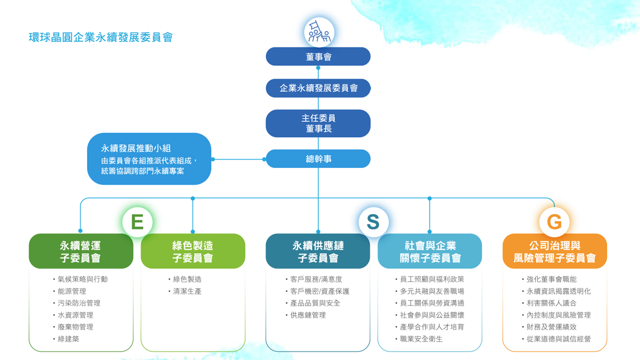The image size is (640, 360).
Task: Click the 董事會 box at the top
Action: [318, 56]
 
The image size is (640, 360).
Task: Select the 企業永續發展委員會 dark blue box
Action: [318, 88]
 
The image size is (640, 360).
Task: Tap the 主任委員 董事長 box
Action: [318, 123]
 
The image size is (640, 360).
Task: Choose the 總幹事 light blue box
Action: [318, 159]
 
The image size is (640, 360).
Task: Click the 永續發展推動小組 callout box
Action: [149, 159]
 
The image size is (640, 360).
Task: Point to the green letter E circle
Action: [137, 222]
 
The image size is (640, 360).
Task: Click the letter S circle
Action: [373, 222]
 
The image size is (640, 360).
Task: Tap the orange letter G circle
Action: [554, 222]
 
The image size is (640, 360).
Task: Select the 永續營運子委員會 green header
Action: [81, 251]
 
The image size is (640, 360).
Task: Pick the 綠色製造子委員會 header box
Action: [193, 251]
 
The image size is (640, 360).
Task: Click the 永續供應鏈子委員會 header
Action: [318, 251]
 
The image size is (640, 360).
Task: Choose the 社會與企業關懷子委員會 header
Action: [430, 251]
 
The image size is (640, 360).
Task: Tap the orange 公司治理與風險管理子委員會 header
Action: [554, 251]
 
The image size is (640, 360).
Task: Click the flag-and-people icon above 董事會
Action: [319, 32]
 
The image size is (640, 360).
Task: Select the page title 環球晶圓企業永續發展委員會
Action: [100, 37]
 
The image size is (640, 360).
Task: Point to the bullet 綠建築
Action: [68, 339]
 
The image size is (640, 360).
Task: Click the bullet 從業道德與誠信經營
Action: [558, 339]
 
